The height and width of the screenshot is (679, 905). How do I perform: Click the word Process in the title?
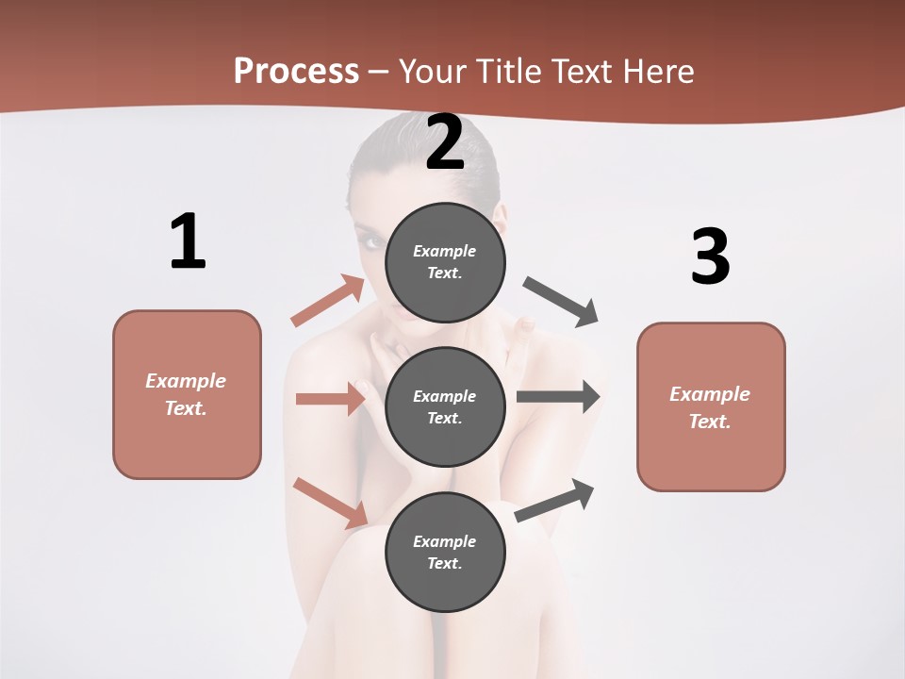coord(296,72)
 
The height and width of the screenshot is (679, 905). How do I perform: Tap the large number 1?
coord(187,242)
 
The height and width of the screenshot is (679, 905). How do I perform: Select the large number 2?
coord(445,142)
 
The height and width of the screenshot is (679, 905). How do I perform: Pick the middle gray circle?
coord(445,406)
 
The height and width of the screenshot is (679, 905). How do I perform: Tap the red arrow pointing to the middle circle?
coord(330,399)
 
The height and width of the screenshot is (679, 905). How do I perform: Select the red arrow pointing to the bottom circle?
coord(331,503)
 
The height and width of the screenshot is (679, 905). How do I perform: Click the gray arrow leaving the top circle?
coord(561,302)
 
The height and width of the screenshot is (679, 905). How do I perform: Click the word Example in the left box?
coord(186,381)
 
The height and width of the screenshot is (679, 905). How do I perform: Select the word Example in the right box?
coord(710,394)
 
